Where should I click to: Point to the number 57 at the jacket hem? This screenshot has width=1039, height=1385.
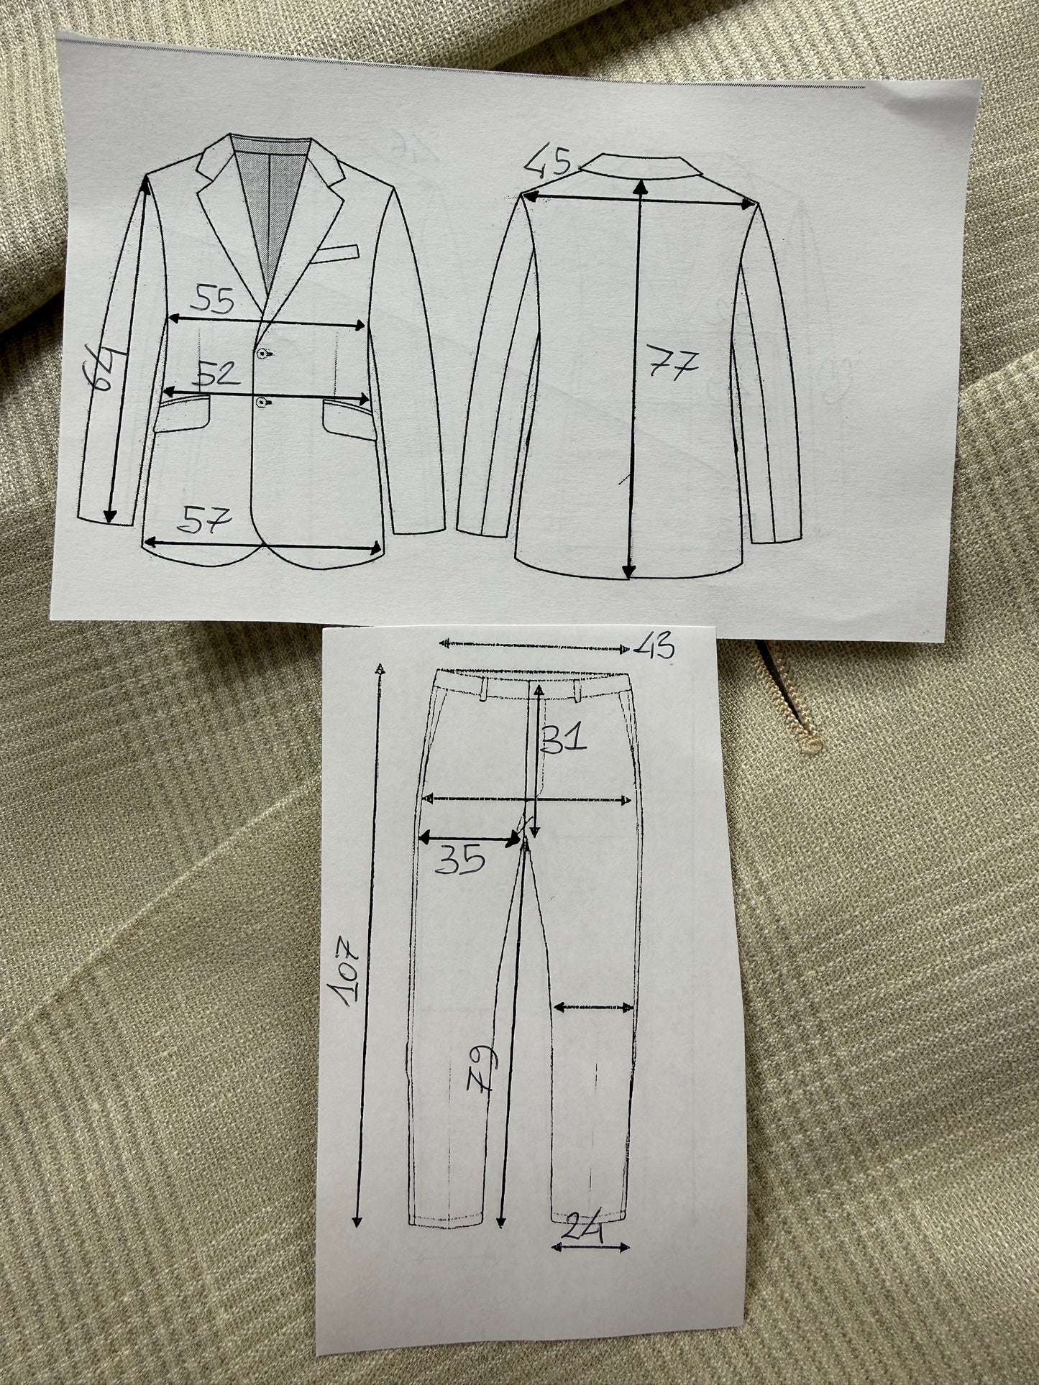point(208,518)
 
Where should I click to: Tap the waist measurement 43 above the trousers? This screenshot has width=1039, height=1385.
point(654,648)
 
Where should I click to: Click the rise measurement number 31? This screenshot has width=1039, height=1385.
point(565,738)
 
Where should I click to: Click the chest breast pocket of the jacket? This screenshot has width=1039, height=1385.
point(335,253)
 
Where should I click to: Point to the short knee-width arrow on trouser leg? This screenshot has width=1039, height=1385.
point(594,1008)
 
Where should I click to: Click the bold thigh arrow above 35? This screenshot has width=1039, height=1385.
point(470,837)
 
